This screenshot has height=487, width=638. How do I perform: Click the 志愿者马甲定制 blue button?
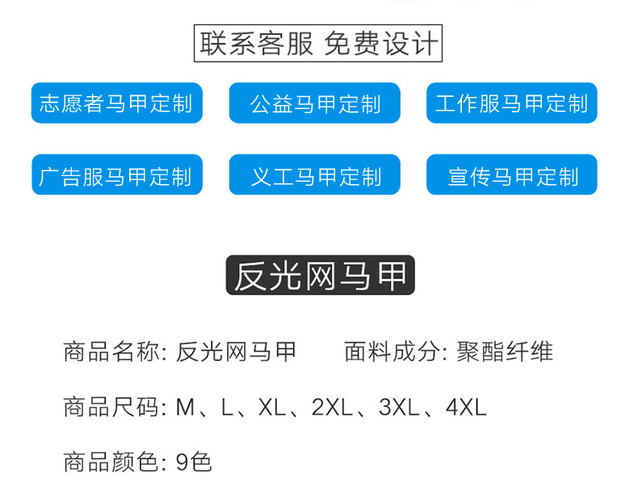(x=116, y=103)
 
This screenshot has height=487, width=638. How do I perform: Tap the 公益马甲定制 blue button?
(x=314, y=103)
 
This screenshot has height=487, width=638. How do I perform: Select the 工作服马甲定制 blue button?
(x=511, y=103)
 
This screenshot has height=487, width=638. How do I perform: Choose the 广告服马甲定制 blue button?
(x=116, y=175)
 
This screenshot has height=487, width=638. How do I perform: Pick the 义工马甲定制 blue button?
(x=314, y=175)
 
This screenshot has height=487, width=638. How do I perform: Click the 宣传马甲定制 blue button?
(x=511, y=175)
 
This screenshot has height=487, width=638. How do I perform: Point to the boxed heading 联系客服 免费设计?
(x=319, y=44)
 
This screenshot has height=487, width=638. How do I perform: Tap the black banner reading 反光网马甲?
(x=320, y=275)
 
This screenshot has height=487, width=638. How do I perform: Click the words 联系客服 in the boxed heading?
(x=257, y=44)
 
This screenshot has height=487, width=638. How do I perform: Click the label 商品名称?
(x=111, y=352)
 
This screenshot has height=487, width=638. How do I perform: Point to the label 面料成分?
(x=392, y=352)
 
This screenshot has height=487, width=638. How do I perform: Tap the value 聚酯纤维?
(x=505, y=352)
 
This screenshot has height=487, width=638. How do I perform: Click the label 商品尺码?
(x=111, y=407)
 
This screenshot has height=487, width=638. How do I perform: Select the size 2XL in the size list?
(x=331, y=407)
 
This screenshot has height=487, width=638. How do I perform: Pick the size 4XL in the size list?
(x=466, y=407)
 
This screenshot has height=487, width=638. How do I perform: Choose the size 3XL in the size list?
(x=398, y=407)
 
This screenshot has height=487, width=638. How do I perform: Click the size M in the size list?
(x=185, y=407)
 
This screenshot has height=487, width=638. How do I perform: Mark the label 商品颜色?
(x=111, y=462)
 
